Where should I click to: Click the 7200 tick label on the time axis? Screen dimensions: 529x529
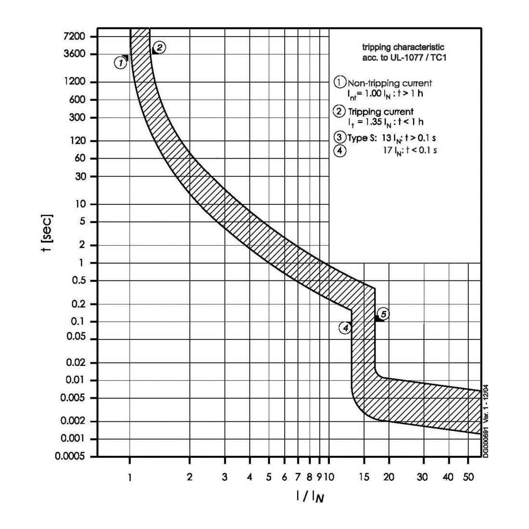point(74,36)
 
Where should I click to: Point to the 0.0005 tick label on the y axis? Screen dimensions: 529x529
point(70,456)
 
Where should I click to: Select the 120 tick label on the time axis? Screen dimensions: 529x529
point(78,140)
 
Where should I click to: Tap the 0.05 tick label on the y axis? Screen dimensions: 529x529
point(76,336)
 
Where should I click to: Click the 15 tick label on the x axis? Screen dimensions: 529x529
point(364,477)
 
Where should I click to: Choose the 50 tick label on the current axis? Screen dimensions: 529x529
point(468,477)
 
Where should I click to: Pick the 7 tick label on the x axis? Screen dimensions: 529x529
point(298,477)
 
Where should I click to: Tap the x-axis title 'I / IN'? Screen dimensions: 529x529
point(310,496)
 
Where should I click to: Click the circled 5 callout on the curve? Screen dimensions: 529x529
point(384,314)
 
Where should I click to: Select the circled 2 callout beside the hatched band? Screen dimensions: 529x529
point(159,47)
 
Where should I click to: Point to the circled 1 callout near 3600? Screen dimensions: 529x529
point(120,63)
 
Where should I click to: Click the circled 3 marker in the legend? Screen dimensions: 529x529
point(340,137)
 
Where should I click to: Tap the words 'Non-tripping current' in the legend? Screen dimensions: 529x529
point(390,83)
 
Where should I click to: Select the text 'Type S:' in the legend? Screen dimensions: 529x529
point(362,138)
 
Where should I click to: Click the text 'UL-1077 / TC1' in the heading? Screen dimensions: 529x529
point(418,58)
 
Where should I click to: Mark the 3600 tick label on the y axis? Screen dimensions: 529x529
point(74,54)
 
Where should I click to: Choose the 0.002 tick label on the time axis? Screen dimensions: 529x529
point(73,421)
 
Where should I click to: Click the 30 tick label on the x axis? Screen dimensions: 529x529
point(423,477)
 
